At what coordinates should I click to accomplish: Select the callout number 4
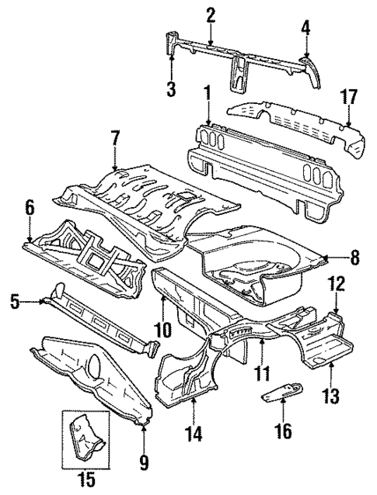(305, 29)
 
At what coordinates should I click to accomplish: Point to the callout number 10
(162, 331)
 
